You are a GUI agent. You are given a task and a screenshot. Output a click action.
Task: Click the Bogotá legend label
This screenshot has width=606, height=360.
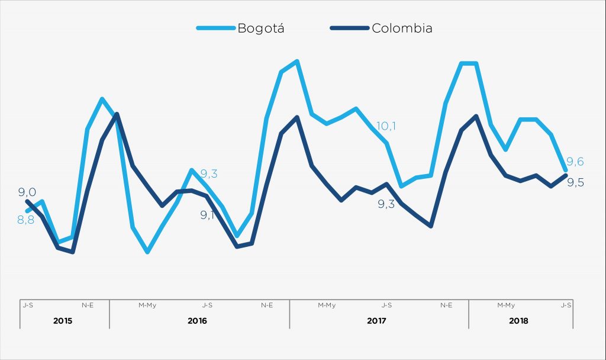(x=260, y=28)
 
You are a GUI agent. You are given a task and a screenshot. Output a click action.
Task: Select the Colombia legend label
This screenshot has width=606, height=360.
(x=402, y=28)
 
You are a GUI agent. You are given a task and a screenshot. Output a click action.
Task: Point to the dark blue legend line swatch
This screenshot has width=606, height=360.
(x=349, y=28)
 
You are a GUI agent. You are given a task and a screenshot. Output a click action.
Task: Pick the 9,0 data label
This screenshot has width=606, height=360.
(x=27, y=192)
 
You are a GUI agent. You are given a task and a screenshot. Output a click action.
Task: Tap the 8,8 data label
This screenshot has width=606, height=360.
(x=25, y=220)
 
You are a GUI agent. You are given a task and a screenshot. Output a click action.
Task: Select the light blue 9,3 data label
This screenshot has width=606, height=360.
(x=208, y=174)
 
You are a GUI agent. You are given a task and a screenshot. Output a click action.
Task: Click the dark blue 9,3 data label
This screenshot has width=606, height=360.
(x=387, y=204)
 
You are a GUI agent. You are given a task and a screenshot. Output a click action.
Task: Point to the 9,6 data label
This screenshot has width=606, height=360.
(x=575, y=162)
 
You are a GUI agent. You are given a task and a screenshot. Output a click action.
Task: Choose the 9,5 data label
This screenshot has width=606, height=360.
(x=576, y=182)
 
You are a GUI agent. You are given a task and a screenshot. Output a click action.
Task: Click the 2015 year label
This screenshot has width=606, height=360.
(x=63, y=321)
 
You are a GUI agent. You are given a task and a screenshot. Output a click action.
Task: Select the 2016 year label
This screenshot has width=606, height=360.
(x=198, y=321)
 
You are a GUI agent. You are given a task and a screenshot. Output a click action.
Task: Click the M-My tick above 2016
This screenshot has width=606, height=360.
(x=147, y=306)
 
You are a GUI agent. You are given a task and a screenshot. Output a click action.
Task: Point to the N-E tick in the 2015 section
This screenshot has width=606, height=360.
(x=88, y=306)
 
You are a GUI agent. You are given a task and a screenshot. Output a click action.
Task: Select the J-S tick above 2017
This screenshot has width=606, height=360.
(x=386, y=306)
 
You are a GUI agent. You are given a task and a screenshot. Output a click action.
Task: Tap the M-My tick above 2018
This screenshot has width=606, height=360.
(x=506, y=306)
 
